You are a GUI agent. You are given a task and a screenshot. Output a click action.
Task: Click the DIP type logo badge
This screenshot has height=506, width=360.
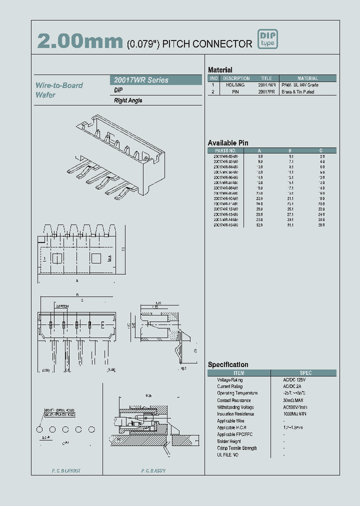click(x=267, y=39)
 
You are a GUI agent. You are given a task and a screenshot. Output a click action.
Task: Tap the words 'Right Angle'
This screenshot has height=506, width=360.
click(x=128, y=100)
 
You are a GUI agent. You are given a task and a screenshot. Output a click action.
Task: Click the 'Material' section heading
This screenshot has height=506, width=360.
click(x=220, y=70)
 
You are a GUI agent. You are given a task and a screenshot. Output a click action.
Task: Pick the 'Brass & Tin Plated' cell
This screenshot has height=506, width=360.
click(x=298, y=92)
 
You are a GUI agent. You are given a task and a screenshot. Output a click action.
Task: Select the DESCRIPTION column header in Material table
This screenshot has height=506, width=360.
click(x=236, y=78)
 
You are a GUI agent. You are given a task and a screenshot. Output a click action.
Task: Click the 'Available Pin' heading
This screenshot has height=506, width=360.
click(x=228, y=143)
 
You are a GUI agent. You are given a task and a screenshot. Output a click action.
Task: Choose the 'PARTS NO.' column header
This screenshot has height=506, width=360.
click(x=225, y=150)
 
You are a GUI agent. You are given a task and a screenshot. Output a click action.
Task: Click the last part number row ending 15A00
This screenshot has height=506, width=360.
click(x=225, y=225)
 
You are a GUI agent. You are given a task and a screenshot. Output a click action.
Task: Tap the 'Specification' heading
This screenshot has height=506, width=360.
click(x=228, y=364)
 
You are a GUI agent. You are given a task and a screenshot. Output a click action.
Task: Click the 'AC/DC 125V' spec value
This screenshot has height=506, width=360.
click(x=293, y=380)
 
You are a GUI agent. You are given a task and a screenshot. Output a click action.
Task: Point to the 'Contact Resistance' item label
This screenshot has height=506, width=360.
click(x=233, y=400)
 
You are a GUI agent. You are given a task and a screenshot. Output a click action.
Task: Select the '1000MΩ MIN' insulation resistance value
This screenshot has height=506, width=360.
click(x=295, y=414)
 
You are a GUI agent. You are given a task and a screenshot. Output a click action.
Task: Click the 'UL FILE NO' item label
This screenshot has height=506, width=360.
click(x=228, y=455)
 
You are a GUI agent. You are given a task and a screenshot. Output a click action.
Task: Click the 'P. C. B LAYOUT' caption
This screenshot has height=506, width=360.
click(x=66, y=471)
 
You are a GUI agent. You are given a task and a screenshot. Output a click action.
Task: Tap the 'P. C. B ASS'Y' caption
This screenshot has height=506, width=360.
click(x=153, y=471)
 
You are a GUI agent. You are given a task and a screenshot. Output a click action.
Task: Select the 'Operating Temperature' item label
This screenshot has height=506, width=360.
click(x=237, y=393)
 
